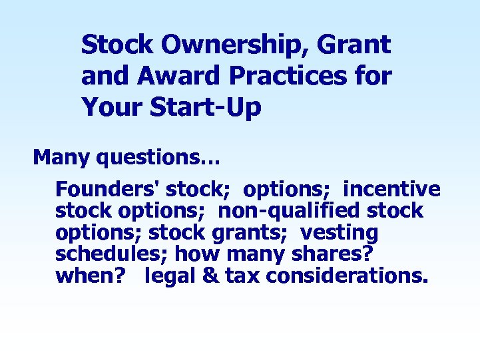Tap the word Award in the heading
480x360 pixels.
point(170,76)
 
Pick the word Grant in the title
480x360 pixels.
point(356,46)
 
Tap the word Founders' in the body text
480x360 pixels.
point(107,189)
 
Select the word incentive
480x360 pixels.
point(391,189)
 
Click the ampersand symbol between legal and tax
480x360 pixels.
point(212,276)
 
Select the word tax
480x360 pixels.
point(242,276)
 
